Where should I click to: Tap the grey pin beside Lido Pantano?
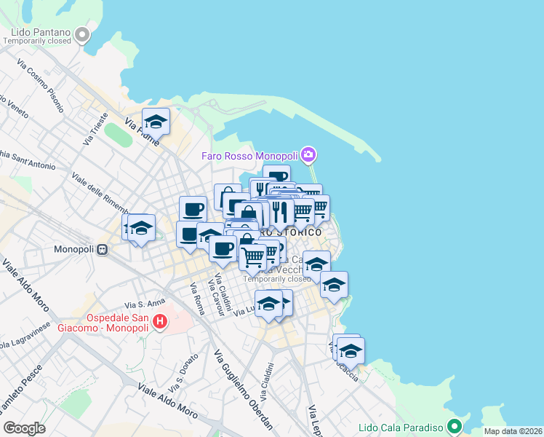pos(82,34)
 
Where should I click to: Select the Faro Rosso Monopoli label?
pos(251,156)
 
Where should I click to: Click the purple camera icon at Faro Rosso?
pos(308,154)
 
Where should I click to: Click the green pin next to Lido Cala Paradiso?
pos(455,426)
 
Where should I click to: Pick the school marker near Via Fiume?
pos(156,122)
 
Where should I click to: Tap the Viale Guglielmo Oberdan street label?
pos(244,389)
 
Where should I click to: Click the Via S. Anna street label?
pos(141,303)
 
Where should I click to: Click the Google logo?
pos(24,428)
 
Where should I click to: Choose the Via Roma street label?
pos(197,299)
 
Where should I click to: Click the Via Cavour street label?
pos(215,295)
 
